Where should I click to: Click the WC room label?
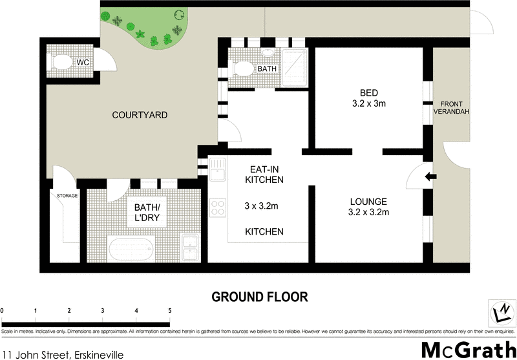tap(82, 63)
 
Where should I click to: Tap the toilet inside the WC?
tap(62, 63)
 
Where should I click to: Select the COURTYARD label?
tap(140, 116)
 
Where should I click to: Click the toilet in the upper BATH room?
tap(244, 67)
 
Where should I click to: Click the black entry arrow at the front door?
tap(431, 176)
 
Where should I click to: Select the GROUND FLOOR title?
tap(260, 297)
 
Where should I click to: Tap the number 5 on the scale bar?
tap(169, 312)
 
